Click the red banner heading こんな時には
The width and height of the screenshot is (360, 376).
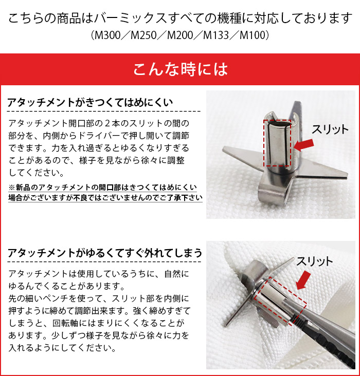180,69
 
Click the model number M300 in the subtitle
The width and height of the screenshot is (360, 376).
106,36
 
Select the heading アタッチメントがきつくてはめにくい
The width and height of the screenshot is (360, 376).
91,102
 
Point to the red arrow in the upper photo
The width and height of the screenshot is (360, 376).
304,144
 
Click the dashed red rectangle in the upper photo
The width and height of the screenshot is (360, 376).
278,143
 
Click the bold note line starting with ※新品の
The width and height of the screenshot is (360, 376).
103,187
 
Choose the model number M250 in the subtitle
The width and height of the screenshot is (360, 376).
143,36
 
